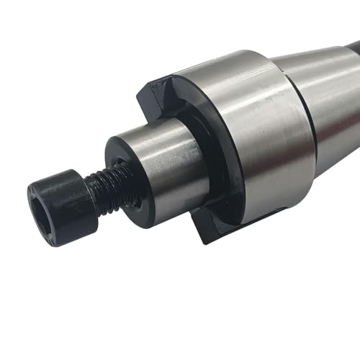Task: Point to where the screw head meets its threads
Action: [x=91, y=189]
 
